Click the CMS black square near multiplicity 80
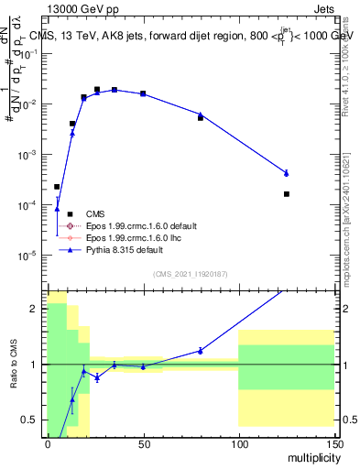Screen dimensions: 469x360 point(201,118)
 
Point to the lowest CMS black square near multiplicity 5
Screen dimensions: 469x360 point(57,187)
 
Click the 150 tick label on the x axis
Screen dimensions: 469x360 point(333,443)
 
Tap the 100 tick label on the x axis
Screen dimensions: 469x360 point(238,443)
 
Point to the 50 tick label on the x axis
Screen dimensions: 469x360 point(143,443)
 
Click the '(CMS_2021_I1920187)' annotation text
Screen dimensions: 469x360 point(190,274)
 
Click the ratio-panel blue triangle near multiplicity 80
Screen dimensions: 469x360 point(201,350)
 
